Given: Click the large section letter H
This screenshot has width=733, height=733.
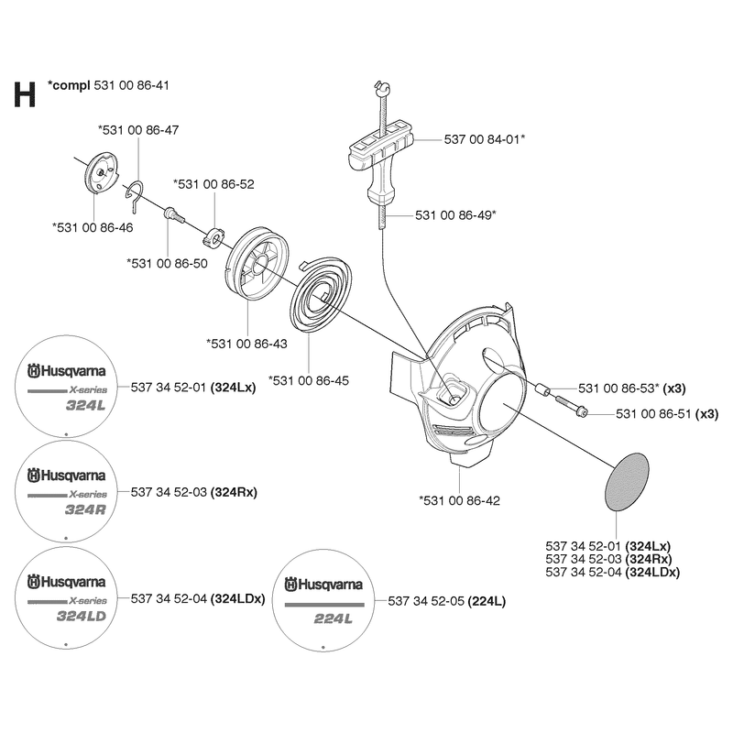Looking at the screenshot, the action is point(25,95).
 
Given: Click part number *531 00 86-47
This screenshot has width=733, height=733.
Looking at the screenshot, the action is point(138,130).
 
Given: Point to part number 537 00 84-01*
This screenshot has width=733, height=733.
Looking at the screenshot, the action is point(485,139).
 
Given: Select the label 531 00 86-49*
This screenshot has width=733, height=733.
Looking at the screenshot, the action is point(455,215).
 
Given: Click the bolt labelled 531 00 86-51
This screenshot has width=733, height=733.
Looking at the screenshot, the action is point(571,405).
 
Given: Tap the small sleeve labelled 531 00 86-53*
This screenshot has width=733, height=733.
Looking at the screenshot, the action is point(542,388).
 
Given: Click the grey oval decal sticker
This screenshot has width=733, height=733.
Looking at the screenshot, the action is point(627,482).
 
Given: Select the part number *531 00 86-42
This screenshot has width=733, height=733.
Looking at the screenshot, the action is point(460,500).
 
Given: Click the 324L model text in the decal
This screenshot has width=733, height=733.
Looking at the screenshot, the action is point(86,405).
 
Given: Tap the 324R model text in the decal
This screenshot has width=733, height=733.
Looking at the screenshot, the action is point(85,509).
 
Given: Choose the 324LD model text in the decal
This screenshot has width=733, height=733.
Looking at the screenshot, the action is point(82,616).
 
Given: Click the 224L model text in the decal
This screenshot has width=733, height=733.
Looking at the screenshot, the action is point(333,619).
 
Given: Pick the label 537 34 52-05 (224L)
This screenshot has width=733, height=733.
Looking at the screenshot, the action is point(446,601).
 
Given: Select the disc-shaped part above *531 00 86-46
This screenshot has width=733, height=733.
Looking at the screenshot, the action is point(101,172).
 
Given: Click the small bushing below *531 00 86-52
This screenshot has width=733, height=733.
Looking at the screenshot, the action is point(214,236).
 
